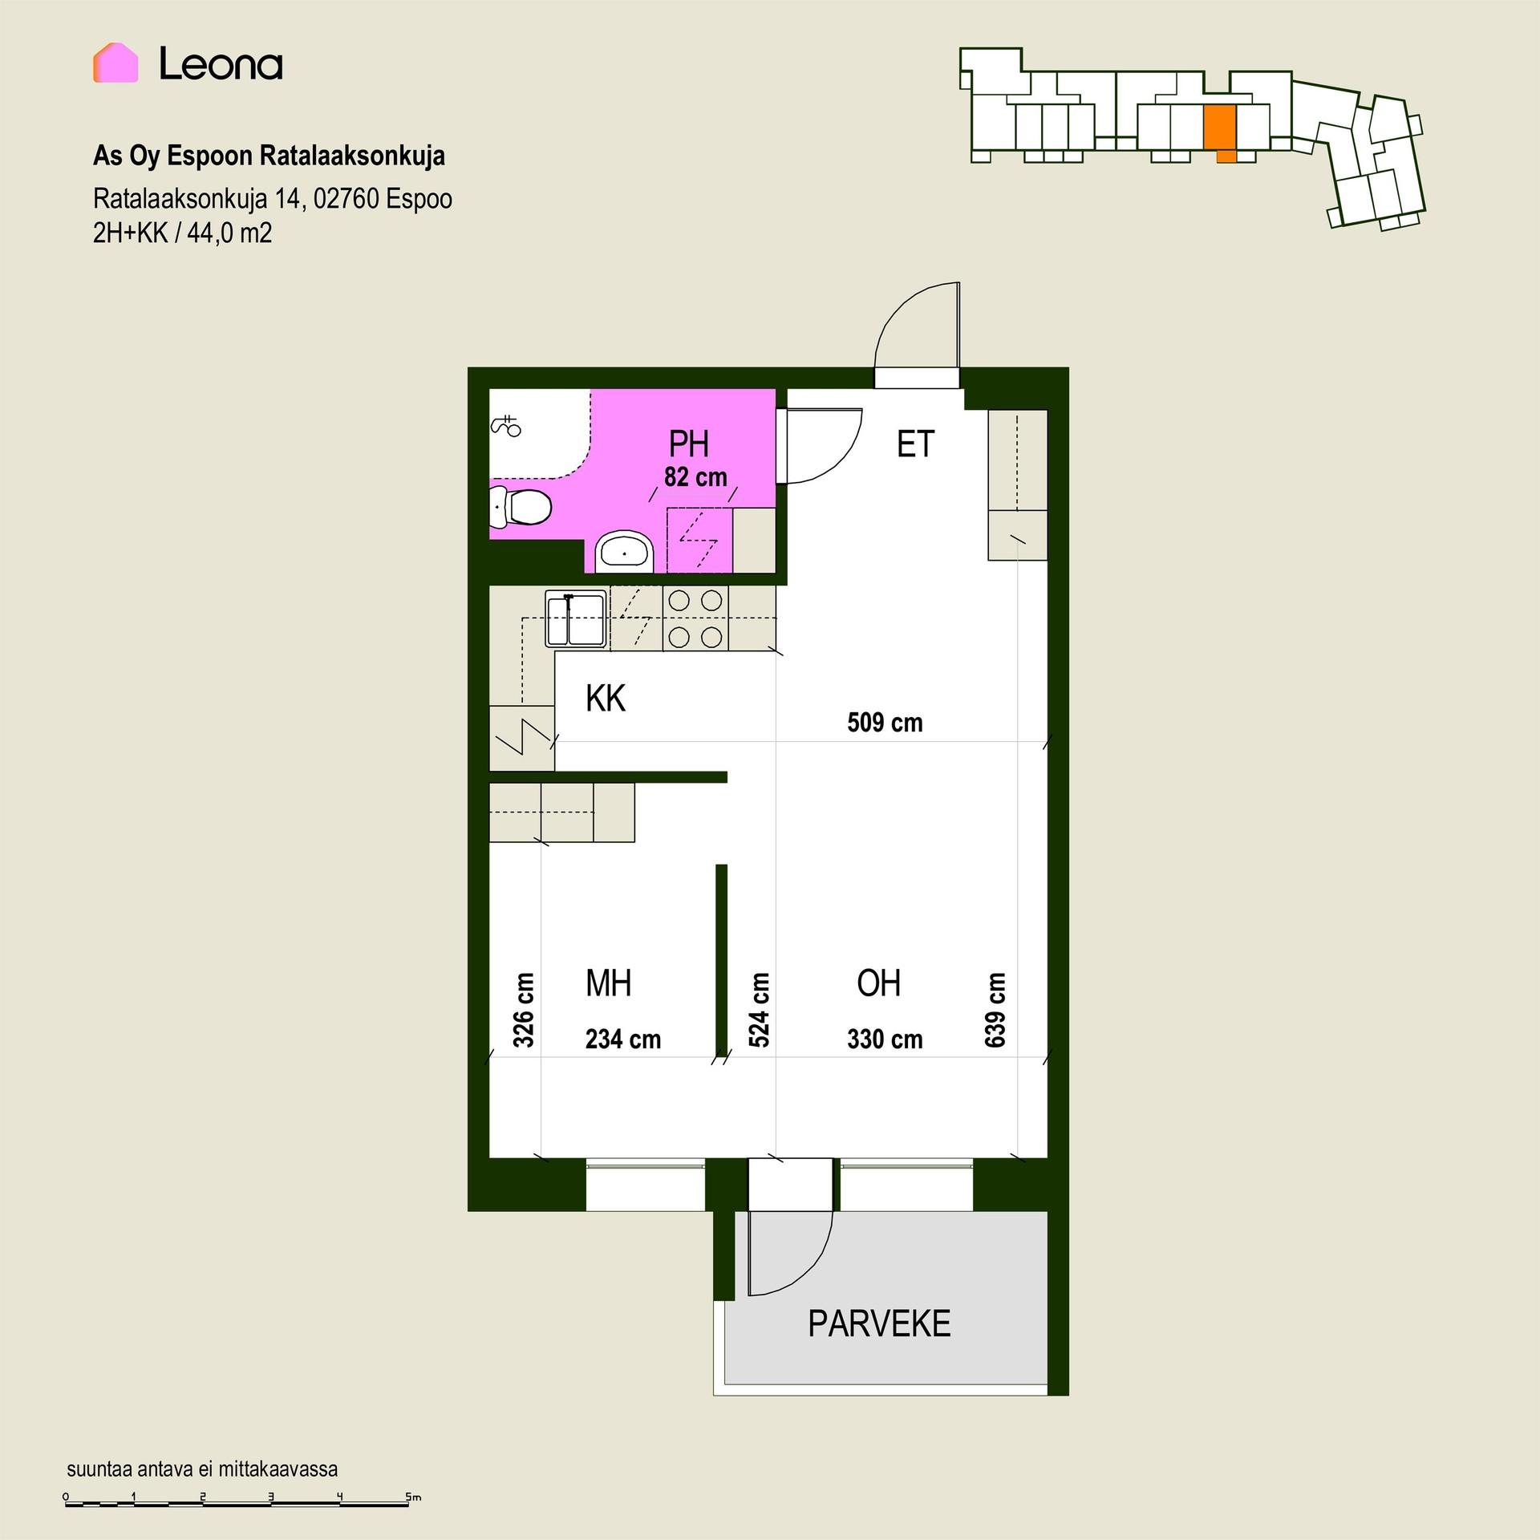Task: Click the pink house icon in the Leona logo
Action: click(115, 63)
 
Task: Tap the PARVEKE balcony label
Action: click(879, 1323)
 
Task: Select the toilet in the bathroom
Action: click(520, 507)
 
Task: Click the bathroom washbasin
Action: click(625, 551)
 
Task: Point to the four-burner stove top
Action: click(695, 618)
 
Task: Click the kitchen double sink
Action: click(575, 618)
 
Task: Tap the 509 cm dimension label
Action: click(885, 723)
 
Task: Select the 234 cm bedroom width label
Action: click(623, 1039)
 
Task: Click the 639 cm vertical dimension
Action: click(995, 1010)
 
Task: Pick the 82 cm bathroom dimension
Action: click(695, 477)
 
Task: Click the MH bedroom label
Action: click(608, 983)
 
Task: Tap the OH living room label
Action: click(879, 983)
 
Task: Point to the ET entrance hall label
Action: click(915, 444)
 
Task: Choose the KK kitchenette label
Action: click(606, 699)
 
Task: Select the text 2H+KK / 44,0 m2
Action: click(183, 233)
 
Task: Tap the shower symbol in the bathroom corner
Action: click(506, 426)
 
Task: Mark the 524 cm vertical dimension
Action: click(759, 1010)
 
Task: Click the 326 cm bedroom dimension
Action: click(523, 1010)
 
